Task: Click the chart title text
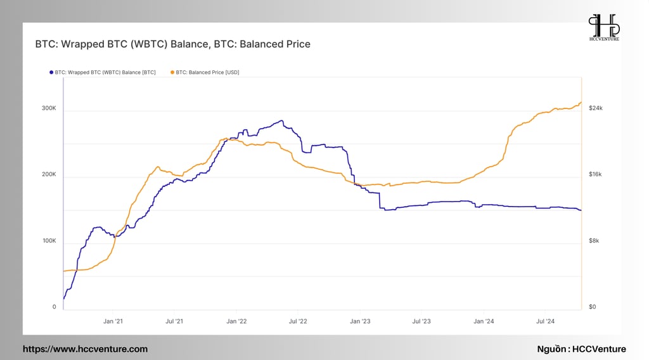172,44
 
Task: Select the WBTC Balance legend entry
103,72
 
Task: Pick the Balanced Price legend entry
205,72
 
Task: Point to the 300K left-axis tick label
49,108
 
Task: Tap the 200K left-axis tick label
49,175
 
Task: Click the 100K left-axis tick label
49,241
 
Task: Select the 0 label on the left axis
55,307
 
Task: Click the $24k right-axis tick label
596,108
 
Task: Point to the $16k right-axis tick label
595,175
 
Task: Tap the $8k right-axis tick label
594,241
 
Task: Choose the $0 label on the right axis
593,307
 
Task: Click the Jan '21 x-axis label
113,321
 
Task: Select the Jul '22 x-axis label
298,321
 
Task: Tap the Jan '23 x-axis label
360,321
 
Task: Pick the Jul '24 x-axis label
546,321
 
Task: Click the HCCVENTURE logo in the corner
604,27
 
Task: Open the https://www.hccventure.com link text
86,349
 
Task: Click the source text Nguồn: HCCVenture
582,349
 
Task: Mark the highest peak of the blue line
282,121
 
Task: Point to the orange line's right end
581,102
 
